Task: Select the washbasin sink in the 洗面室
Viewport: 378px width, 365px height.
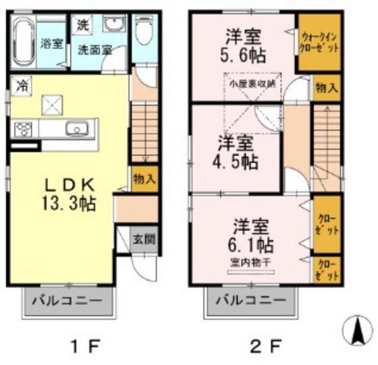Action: [x=112, y=26]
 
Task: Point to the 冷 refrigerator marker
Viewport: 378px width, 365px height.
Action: [x=22, y=86]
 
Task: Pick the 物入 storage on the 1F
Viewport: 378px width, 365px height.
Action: [x=144, y=179]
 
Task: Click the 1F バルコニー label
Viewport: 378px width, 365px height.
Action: [x=69, y=301]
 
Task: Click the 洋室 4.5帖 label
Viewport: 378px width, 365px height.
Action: [x=236, y=152]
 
